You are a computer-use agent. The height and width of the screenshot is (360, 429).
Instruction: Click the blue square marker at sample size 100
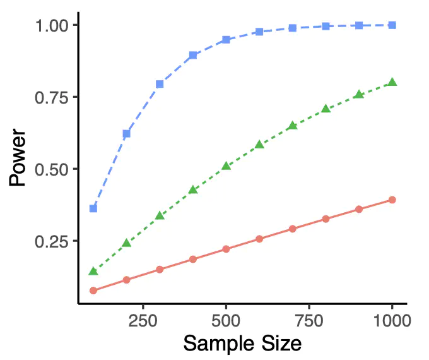tap(93, 208)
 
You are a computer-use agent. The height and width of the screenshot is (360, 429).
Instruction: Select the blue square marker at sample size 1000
tap(392, 25)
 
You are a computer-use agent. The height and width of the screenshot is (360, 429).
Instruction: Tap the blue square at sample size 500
tap(226, 40)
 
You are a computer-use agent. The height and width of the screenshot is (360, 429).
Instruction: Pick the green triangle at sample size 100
tap(93, 272)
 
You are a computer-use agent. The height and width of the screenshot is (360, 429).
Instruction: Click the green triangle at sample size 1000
tap(392, 82)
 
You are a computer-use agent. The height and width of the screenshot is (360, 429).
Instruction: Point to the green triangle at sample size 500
tap(226, 166)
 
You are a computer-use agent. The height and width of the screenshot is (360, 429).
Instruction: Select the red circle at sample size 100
tap(93, 291)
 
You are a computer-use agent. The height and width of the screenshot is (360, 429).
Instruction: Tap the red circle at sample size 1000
tap(392, 200)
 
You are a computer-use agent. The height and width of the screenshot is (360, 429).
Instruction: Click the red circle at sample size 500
tap(226, 249)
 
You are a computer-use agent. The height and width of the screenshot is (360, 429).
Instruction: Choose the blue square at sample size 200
tap(126, 134)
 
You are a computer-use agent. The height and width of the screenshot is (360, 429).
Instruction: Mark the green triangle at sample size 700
tap(292, 126)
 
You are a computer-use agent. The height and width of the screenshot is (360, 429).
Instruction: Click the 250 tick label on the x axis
tap(143, 320)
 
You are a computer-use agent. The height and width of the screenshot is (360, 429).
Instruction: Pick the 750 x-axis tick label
tap(309, 320)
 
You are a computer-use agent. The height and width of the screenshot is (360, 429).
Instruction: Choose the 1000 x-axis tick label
tap(392, 320)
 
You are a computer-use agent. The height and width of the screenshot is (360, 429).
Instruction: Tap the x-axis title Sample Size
tap(242, 344)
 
